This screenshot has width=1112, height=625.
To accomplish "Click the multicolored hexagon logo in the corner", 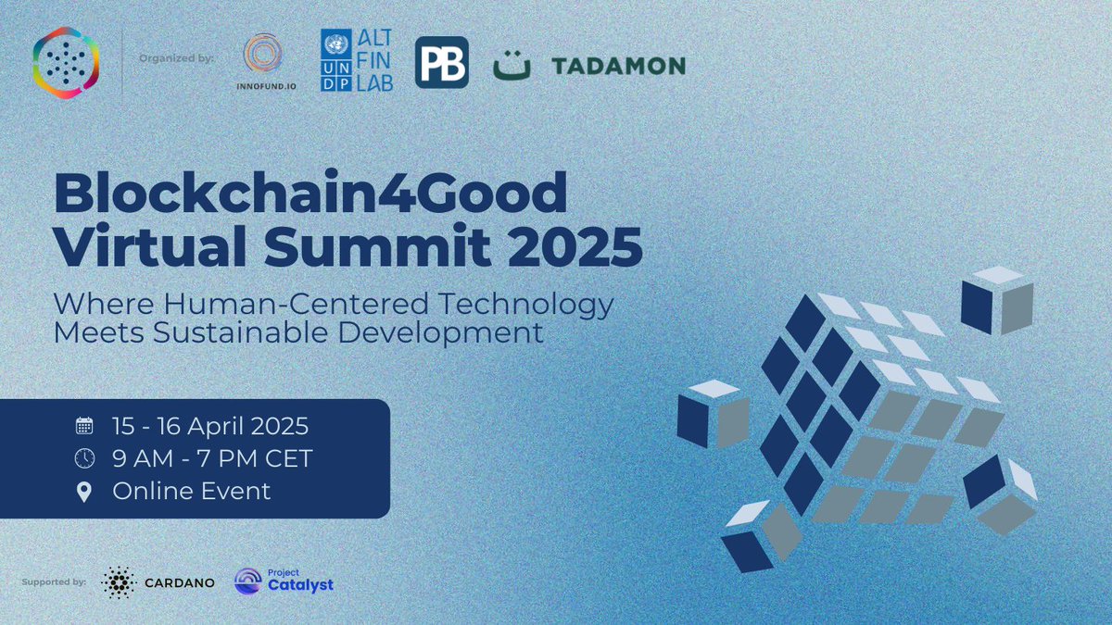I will coord(65,63).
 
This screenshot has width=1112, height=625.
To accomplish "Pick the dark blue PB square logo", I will coord(441,63).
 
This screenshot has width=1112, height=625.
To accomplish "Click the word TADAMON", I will coord(618,66).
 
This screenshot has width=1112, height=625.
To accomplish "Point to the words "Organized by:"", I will coord(176,58).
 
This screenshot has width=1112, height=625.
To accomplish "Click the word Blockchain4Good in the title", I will coord(310,194).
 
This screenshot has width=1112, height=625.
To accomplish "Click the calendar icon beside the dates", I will coord(84,426).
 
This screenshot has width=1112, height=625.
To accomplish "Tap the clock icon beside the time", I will coord(84,458).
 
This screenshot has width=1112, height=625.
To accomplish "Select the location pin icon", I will coord(84,491).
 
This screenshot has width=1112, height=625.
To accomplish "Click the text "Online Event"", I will coord(192,491).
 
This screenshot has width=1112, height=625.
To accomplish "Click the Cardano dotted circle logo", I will coord(118,583).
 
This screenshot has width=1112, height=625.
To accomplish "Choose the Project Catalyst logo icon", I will coord(248,581).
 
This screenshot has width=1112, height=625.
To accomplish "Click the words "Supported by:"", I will coord(53,582).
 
